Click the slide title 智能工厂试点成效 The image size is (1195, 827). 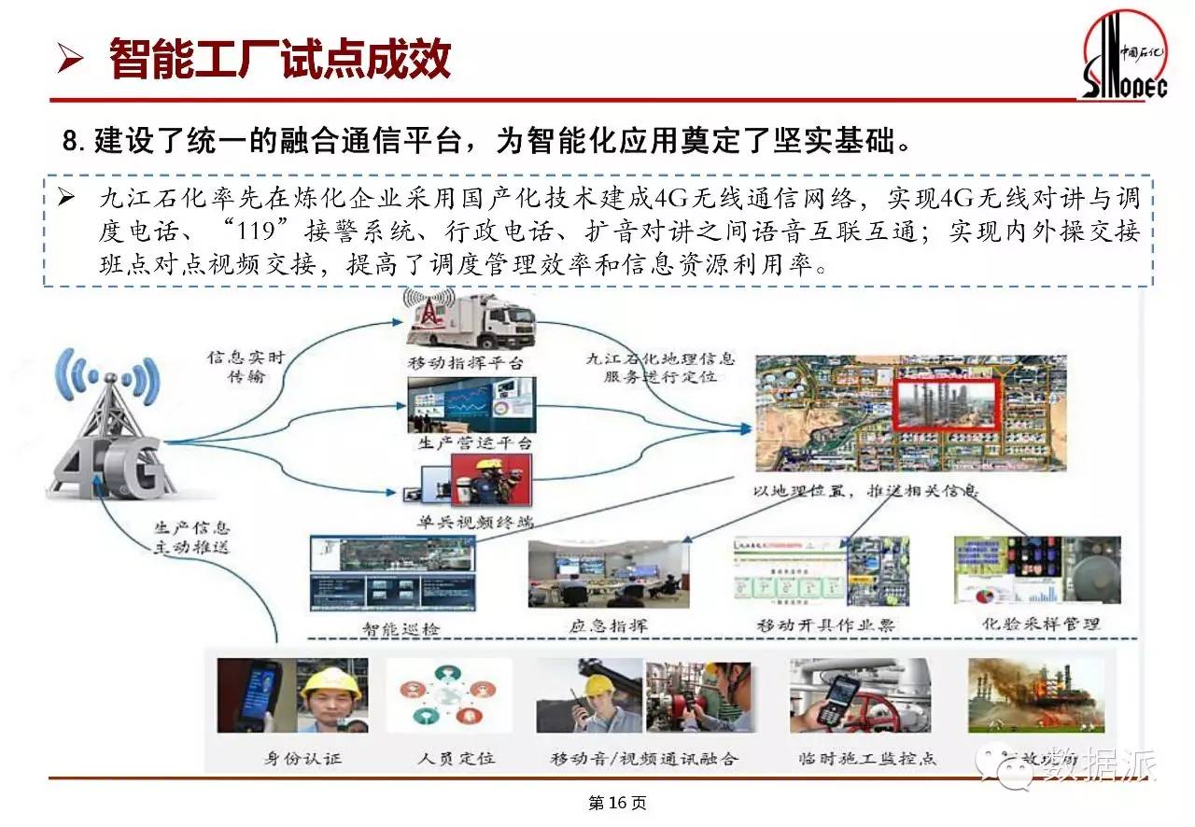(x=280, y=58)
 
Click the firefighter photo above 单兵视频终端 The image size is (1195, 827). (x=490, y=481)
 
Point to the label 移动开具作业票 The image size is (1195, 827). (x=825, y=624)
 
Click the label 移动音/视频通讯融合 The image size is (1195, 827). (x=644, y=758)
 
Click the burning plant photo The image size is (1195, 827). (x=1036, y=695)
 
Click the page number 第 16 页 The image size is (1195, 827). (x=617, y=803)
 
